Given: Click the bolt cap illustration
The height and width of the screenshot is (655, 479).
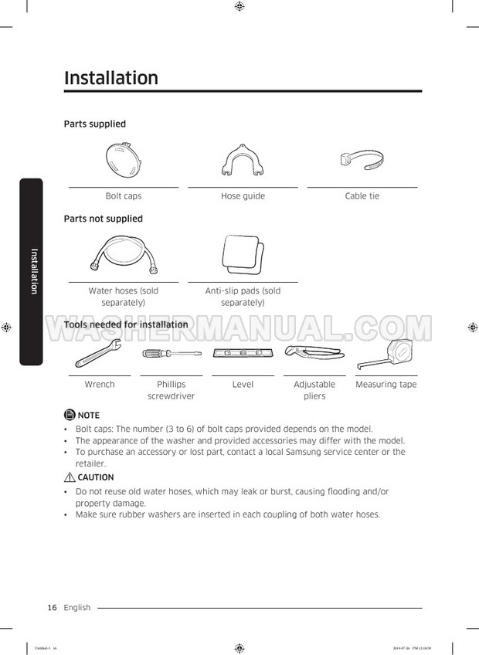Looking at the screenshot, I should point(123,160).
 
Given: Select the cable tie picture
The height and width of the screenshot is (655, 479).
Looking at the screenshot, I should point(362,161).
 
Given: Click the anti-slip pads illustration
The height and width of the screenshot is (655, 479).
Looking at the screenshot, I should point(243,253).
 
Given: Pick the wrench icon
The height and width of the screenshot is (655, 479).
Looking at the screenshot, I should point(98,355).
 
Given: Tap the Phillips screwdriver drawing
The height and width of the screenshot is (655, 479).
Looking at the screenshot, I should point(170,354).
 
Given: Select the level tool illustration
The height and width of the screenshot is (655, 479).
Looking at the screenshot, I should point(243,354).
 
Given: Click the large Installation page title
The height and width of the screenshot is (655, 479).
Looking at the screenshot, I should point(111,78).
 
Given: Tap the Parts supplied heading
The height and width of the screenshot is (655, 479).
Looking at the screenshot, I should point(94,124).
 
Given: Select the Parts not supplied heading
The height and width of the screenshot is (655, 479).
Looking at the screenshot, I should point(103,219).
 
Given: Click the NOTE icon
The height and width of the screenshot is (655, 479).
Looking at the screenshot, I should point(70,415).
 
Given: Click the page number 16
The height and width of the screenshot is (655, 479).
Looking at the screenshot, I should point(53,608).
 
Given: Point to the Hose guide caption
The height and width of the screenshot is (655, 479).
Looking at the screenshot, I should point(243,196).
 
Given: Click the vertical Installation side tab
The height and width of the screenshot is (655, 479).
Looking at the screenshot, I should point(32,270).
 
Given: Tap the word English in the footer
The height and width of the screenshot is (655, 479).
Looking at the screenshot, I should point(77,608).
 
